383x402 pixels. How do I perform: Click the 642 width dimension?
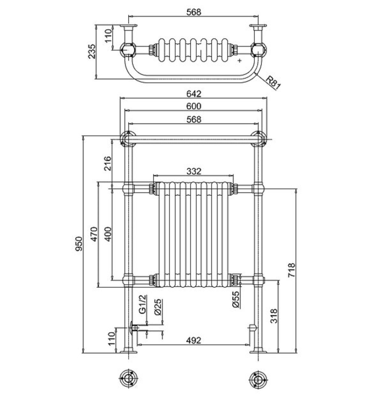[194, 94]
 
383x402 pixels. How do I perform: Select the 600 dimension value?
[194, 106]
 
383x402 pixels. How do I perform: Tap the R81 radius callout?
[273, 83]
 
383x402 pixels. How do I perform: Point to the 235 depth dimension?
[92, 51]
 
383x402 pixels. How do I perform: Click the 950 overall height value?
[79, 244]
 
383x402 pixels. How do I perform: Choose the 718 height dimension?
[292, 270]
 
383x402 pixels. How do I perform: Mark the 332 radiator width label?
[194, 171]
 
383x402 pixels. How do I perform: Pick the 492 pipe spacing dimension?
[194, 340]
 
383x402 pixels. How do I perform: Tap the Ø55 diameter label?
[236, 299]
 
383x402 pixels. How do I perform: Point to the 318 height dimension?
[274, 316]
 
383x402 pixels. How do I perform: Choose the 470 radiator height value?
[94, 234]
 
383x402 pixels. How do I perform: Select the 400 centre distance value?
[109, 234]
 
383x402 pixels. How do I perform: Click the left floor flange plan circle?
[129, 378]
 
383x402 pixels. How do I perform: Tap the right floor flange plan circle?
[258, 378]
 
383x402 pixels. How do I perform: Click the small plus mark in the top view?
[240, 60]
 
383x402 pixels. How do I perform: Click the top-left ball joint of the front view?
[128, 139]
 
